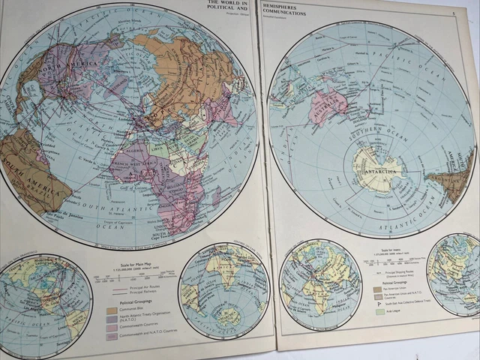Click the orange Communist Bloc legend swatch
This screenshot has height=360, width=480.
112,310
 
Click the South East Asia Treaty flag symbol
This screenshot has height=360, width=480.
379,304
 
